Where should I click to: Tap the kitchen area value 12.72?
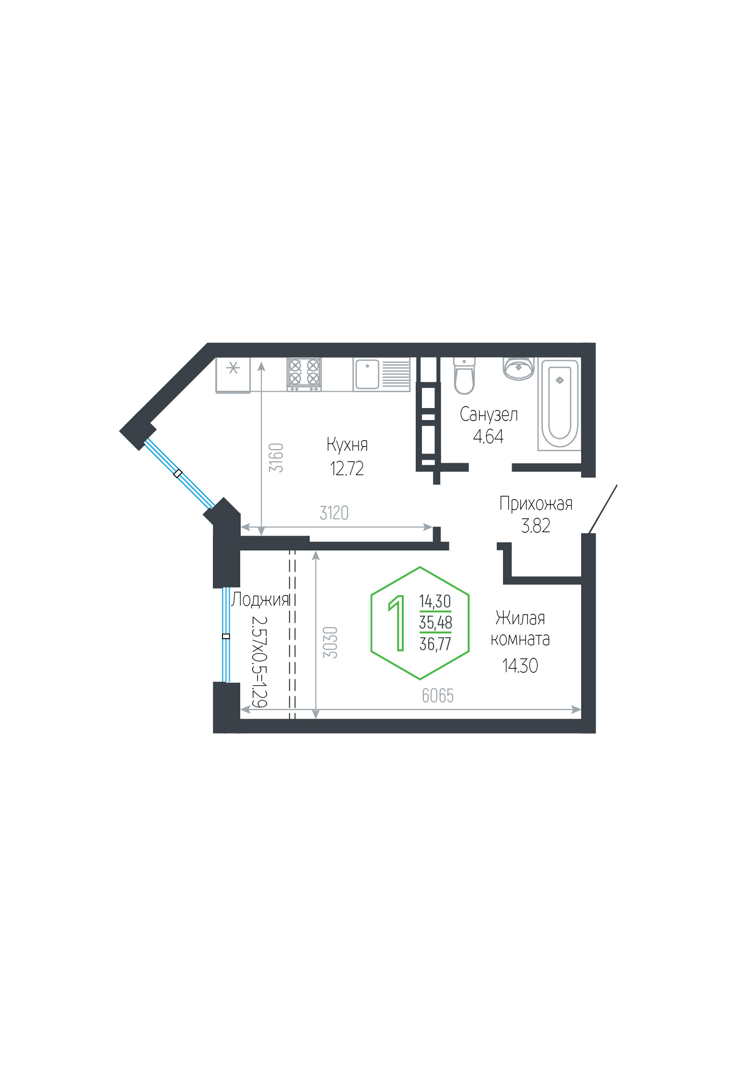tap(347, 468)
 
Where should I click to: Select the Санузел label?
tap(489, 414)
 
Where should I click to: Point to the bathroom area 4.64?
tap(488, 436)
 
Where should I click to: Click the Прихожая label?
tap(536, 503)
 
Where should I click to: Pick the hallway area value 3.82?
tap(536, 526)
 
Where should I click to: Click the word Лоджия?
tap(260, 600)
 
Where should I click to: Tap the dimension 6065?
tap(438, 696)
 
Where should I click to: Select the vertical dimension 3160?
tap(276, 458)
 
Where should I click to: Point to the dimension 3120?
tap(334, 513)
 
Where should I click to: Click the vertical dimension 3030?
tap(330, 642)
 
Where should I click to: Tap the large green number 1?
tap(397, 623)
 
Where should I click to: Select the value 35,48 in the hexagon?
tap(435, 622)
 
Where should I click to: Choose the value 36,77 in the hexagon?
tap(435, 643)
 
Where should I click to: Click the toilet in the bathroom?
tap(464, 376)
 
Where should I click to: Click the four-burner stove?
tap(304, 374)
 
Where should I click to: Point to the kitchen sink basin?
tap(367, 374)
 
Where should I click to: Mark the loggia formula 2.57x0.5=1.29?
tap(259, 661)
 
